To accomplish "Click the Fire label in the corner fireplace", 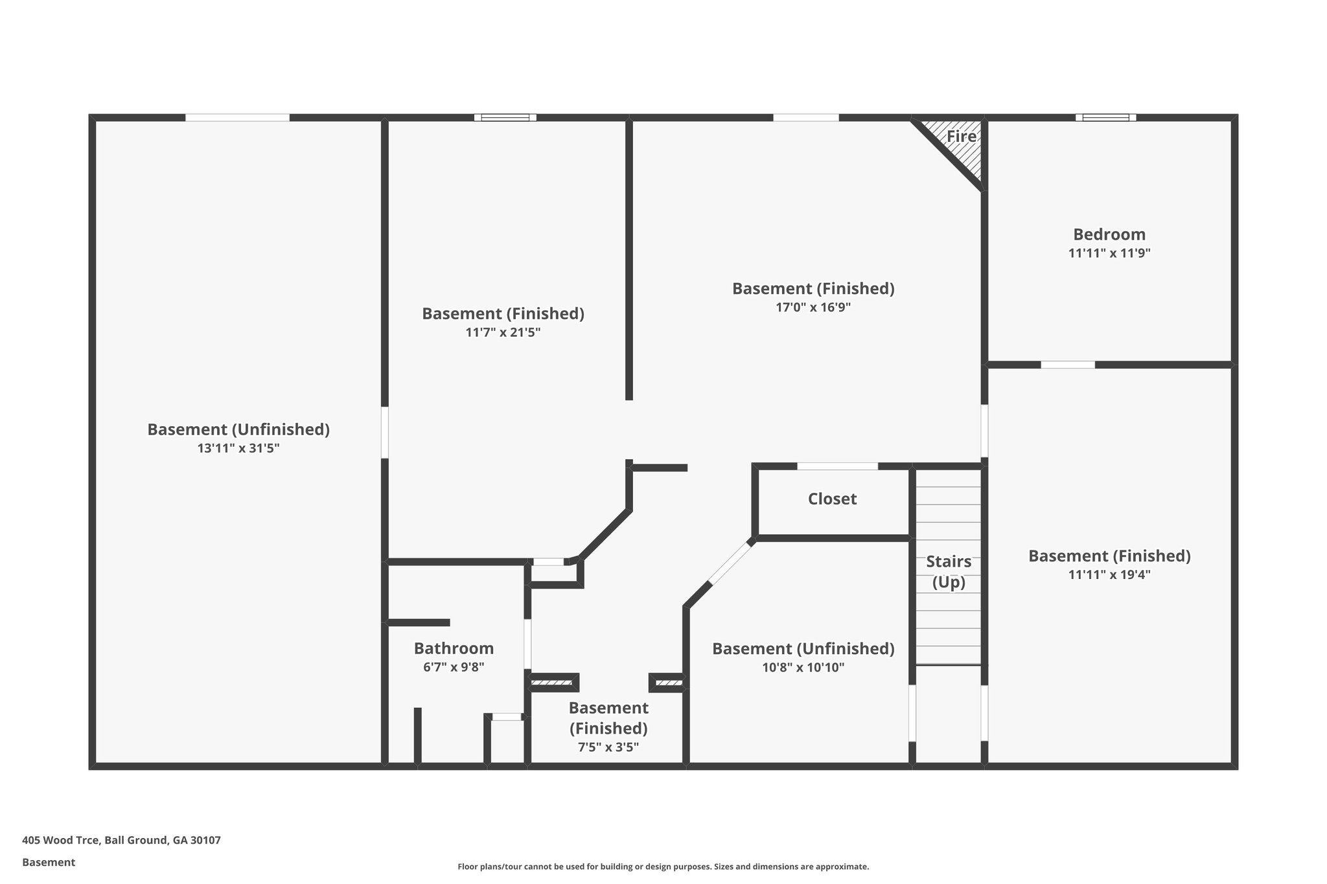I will pos(961,137).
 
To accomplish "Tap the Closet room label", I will pos(832,499).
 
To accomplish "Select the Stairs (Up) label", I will pos(949,572).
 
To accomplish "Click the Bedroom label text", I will pos(1109,234).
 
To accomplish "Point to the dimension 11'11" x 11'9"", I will pos(1109,253).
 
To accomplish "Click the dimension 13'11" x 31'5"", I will pos(238,448).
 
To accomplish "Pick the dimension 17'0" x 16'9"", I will pos(813,308).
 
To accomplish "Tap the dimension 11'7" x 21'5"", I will pos(503,333).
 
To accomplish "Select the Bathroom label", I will pos(454,648).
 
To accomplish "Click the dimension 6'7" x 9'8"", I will pos(454,667).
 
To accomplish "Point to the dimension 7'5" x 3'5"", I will pos(608,747).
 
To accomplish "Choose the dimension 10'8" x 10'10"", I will pos(803,668).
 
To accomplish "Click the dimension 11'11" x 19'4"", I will pos(1109,575).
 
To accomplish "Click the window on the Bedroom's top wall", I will pos(1105,118).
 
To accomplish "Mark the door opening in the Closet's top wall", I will pos(837,466).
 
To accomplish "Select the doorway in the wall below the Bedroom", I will pos(1068,365).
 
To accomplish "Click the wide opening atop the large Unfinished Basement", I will pos(237,118).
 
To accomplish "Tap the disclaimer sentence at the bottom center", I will pos(663,867).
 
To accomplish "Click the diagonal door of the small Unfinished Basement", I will pos(731,563).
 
